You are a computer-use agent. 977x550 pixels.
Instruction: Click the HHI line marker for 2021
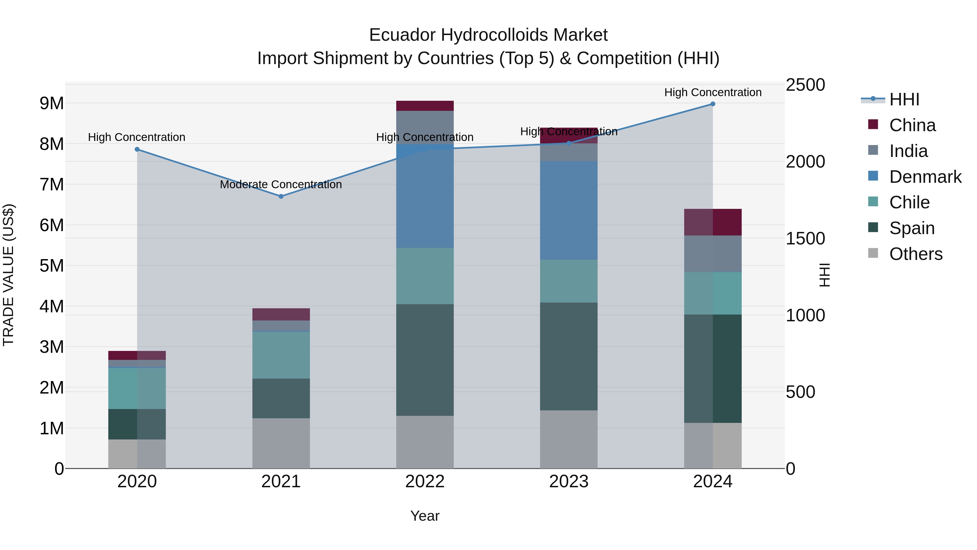(x=281, y=196)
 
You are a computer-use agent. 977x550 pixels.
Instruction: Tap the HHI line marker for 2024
(x=713, y=104)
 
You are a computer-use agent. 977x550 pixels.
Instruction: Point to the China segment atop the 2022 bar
(x=425, y=106)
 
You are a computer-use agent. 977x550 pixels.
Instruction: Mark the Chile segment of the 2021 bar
(x=281, y=355)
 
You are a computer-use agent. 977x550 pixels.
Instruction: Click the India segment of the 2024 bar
(x=713, y=254)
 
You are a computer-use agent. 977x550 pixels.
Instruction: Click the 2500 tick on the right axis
(x=805, y=85)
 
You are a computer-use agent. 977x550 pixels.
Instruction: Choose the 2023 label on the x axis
(x=569, y=482)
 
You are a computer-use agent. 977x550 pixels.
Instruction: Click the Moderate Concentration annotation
(x=281, y=184)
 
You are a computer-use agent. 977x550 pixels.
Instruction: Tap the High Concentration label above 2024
(x=713, y=92)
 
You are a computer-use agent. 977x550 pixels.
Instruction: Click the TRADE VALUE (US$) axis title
(x=9, y=275)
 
